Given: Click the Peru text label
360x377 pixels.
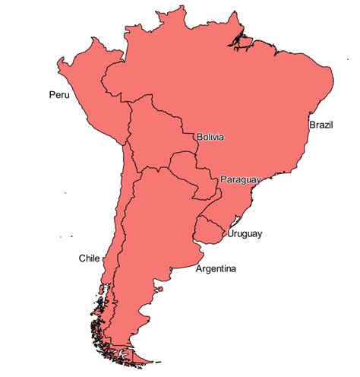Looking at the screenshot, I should (58, 95).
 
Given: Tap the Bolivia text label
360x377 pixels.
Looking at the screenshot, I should (210, 138).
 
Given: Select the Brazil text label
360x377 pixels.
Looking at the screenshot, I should (321, 123).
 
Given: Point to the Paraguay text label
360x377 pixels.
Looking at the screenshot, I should (241, 179).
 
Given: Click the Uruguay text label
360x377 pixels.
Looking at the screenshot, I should (245, 234).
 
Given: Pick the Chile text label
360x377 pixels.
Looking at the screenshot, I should (89, 258).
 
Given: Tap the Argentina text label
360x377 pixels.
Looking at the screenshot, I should (216, 269).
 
